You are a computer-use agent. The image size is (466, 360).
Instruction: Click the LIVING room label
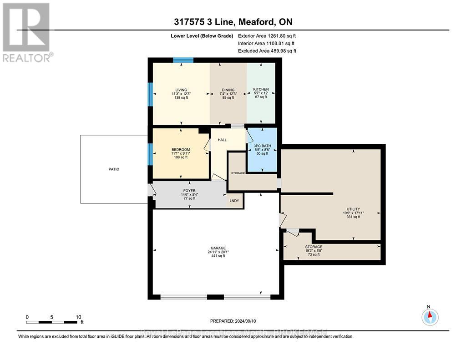point(181,90)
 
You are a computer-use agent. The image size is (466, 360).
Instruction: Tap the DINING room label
point(227,90)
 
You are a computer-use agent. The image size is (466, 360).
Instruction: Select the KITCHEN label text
point(261,89)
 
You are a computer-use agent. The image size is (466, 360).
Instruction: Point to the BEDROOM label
point(181,150)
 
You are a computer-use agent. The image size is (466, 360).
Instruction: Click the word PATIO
point(114,169)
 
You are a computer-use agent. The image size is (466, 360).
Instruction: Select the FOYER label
point(189,191)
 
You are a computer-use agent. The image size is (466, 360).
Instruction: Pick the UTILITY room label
point(353,209)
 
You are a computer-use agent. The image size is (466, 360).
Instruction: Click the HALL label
point(222,140)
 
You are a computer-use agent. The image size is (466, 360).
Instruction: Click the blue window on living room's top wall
point(183,60)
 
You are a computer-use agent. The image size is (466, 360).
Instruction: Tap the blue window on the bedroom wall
point(150,154)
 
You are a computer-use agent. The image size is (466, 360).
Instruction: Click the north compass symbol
point(430,316)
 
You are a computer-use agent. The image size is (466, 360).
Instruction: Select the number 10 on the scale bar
point(78,317)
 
